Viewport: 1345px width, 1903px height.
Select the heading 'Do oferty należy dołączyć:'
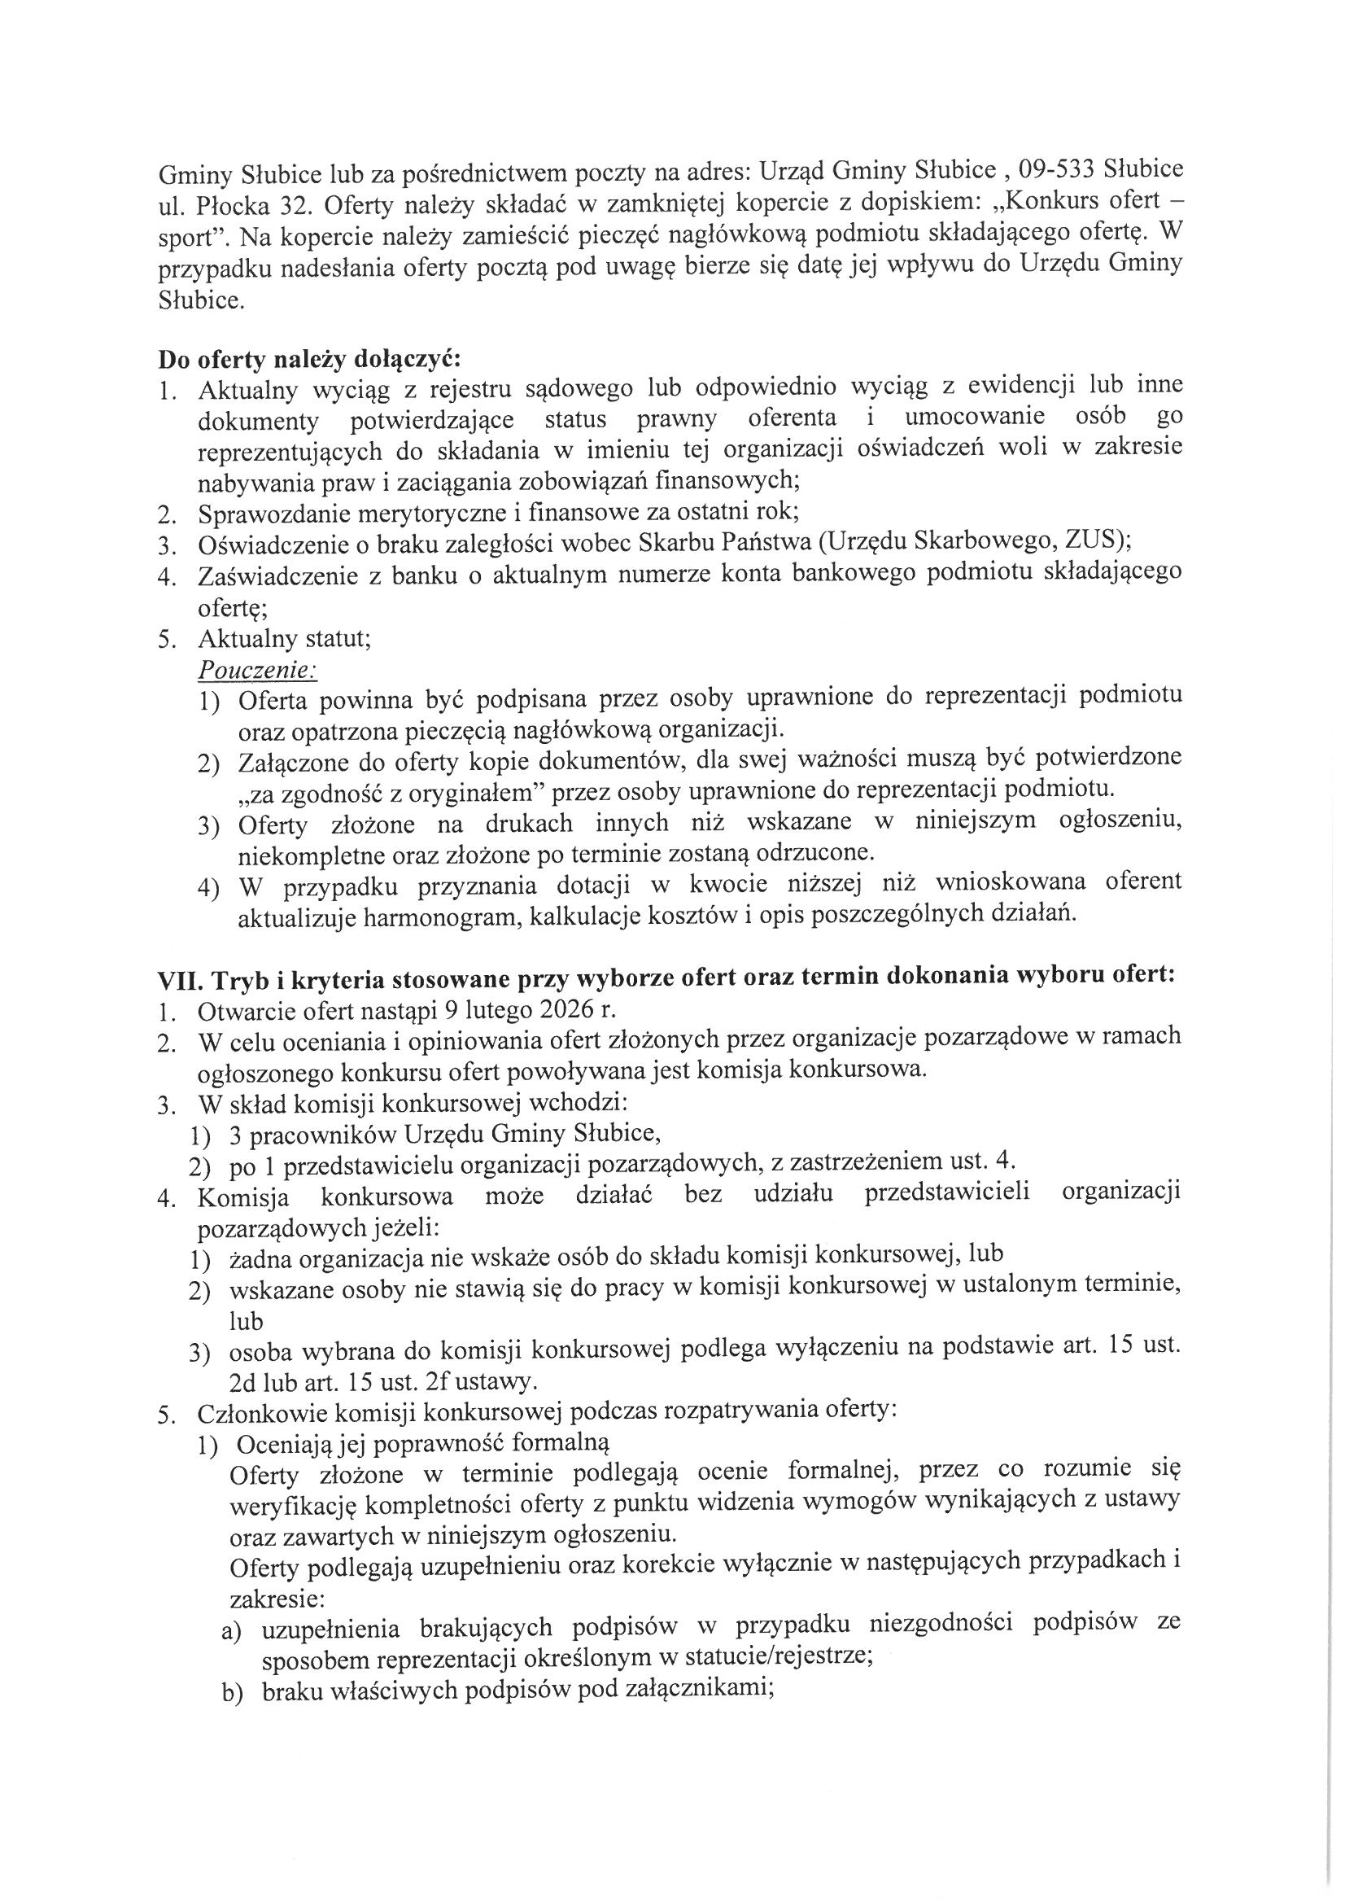pyautogui.click(x=308, y=361)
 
